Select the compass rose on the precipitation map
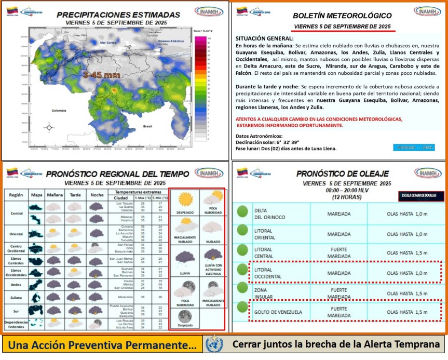49,127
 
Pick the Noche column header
97,195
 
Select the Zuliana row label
16,297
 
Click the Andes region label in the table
16,284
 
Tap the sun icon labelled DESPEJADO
185,200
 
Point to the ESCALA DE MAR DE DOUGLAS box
421,196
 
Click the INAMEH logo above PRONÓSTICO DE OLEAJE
428,174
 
